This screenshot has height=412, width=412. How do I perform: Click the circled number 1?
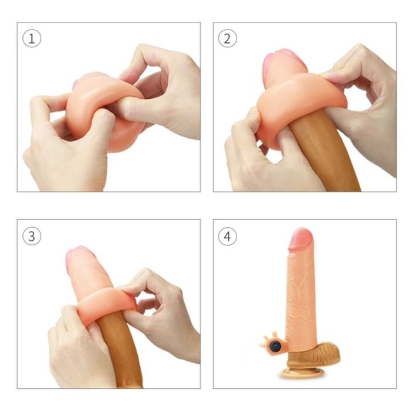point(32,38)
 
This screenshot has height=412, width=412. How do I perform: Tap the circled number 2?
point(227,38)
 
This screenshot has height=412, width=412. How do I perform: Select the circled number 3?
point(32,236)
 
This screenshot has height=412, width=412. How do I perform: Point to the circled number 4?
point(227,236)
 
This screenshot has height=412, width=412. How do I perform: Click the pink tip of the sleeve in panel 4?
point(301,239)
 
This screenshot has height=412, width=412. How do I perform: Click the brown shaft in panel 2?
point(326,152)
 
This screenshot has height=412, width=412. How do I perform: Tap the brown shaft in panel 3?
point(119,350)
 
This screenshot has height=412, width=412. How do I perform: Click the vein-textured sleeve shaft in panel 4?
point(301,297)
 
